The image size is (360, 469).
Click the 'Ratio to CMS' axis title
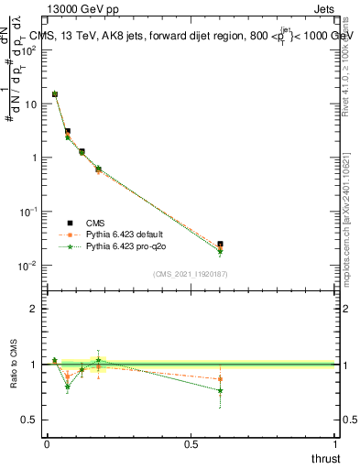[16, 365]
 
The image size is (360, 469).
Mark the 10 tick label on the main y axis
[29, 104]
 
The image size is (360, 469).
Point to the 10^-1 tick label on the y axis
[27, 212]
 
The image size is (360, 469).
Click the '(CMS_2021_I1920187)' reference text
[191, 274]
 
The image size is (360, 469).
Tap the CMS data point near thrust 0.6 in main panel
[220, 245]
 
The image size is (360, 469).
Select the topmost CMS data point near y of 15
[55, 93]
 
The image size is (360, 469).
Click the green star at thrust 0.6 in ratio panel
[220, 390]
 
